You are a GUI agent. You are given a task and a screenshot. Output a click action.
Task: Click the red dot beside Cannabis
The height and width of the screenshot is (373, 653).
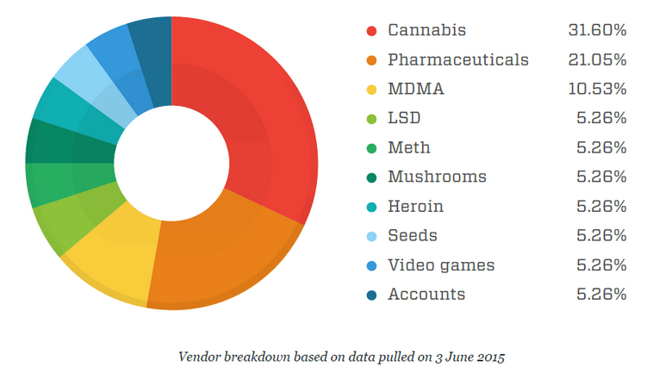(371, 31)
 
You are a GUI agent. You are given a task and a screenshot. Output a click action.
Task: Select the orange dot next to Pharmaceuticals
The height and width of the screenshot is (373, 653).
(371, 60)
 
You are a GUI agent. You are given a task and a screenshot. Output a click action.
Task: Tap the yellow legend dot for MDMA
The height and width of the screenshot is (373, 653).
(371, 90)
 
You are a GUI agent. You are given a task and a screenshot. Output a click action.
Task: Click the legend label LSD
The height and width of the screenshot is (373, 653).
(404, 119)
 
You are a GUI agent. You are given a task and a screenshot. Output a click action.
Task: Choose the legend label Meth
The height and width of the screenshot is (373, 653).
(407, 148)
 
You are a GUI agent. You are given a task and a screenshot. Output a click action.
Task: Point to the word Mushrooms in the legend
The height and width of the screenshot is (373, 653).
(437, 177)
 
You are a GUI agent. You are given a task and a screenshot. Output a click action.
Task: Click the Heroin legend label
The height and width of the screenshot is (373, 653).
(416, 207)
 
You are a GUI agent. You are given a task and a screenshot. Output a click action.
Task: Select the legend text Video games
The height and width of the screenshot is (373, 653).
(441, 265)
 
